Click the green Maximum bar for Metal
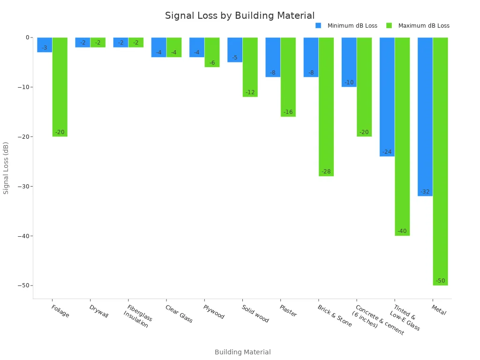[440, 159]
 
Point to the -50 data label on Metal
[440, 281]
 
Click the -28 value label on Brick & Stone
[326, 172]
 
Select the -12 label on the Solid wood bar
[250, 92]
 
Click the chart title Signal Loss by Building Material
[240, 16]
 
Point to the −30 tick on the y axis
[23, 187]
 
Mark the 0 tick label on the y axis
[27, 37]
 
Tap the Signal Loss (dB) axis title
[6, 168]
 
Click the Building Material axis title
[242, 352]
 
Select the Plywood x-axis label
[213, 312]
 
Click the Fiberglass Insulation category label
[138, 316]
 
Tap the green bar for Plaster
[288, 77]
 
